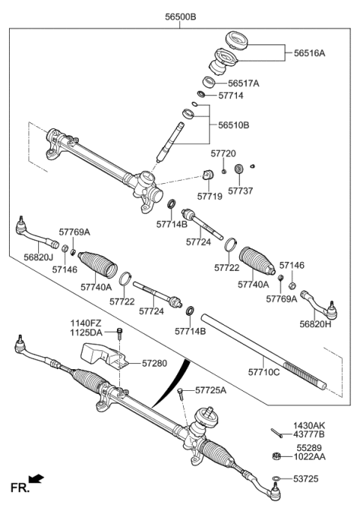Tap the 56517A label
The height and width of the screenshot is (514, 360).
click(243, 83)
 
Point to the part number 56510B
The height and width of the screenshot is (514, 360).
click(235, 125)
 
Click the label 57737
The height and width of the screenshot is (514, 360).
click(241, 191)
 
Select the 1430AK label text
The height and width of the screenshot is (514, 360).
click(309, 425)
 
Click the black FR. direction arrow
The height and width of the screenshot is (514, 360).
click(36, 478)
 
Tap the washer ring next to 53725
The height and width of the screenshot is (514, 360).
click(277, 478)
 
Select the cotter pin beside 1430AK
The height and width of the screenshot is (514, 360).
click(276, 431)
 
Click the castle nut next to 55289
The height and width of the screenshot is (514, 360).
click(276, 455)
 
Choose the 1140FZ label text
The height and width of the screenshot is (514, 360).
click(86, 323)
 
